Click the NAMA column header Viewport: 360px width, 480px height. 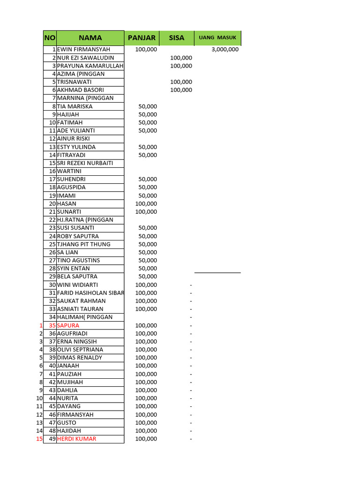point(90,38)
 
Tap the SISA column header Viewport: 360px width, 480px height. point(177,38)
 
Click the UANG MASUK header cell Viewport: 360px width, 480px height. point(217,38)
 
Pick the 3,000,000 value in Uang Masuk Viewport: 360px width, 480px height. point(225,50)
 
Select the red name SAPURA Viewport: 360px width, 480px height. point(68,325)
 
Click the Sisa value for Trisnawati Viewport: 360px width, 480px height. point(181,82)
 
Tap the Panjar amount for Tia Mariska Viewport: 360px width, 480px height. point(148,106)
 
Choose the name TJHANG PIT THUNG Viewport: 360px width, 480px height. point(83,244)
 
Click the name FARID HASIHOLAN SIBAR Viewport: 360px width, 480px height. point(90,293)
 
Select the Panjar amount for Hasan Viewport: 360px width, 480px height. point(146,204)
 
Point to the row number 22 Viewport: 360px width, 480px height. point(52,220)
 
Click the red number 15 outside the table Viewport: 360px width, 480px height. point(39,439)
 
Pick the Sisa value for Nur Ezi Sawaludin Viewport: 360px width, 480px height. point(181,58)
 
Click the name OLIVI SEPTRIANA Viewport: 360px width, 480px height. point(80,350)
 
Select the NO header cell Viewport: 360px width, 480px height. point(50,38)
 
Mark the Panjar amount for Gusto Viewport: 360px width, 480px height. point(146,423)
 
